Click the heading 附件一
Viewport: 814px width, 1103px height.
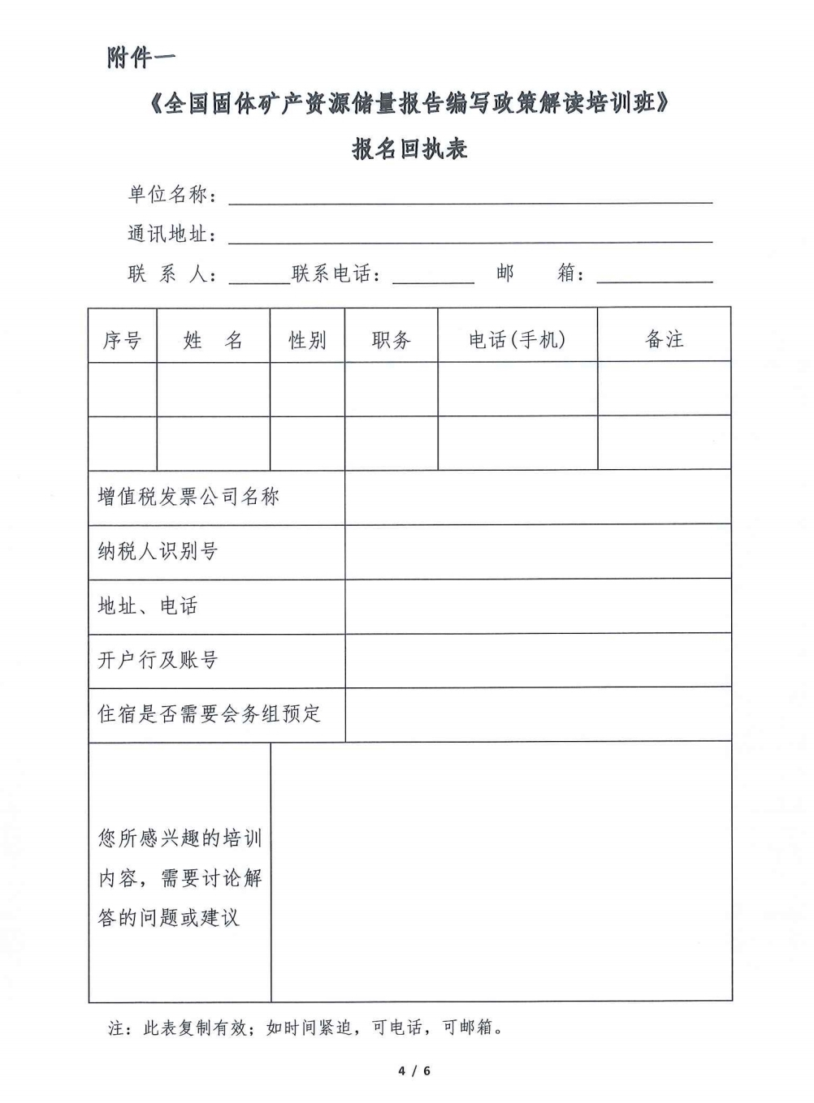coord(141,58)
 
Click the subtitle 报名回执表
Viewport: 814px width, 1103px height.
coord(409,149)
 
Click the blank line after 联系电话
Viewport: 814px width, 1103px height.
coord(433,276)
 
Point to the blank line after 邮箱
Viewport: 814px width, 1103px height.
coord(654,276)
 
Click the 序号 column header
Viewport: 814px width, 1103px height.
coord(122,340)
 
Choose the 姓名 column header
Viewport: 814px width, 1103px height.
coord(213,340)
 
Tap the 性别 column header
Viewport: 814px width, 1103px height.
coord(307,340)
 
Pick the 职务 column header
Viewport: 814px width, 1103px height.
coord(392,340)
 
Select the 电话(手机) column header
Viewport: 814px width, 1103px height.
coord(517,340)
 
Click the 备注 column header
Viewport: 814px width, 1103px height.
coord(665,340)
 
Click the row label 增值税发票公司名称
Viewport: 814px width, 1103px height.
coord(188,497)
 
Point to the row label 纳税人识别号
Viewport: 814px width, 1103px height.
coord(158,552)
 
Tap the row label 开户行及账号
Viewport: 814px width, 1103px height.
coord(158,661)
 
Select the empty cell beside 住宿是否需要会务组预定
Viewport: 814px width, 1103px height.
coord(538,715)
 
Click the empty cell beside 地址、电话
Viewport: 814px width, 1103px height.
coord(538,606)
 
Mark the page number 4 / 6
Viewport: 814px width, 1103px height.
coord(414,1071)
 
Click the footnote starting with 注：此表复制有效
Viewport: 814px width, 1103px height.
coord(305,1028)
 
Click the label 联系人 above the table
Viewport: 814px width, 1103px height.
coord(171,274)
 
